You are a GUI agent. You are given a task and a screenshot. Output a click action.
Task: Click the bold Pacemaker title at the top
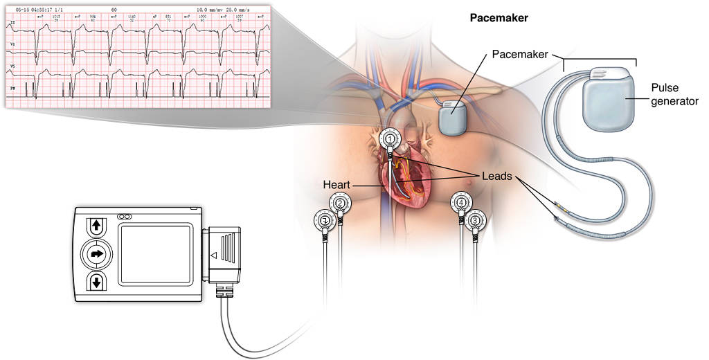tap(499, 18)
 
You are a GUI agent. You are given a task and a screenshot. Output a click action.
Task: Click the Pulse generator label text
tap(674, 94)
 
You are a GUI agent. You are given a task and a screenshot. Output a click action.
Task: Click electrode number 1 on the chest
tap(391, 139)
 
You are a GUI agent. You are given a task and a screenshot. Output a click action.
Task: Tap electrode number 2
tap(339, 203)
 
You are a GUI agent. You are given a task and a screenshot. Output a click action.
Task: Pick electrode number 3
tap(475, 221)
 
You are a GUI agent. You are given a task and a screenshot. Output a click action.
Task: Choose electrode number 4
tap(462, 203)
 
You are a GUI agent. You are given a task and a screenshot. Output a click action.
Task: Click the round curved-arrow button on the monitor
tap(96, 254)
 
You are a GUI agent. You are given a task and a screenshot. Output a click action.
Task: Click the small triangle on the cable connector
tap(213, 255)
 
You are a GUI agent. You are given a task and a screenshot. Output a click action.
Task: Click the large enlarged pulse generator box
tap(607, 104)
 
